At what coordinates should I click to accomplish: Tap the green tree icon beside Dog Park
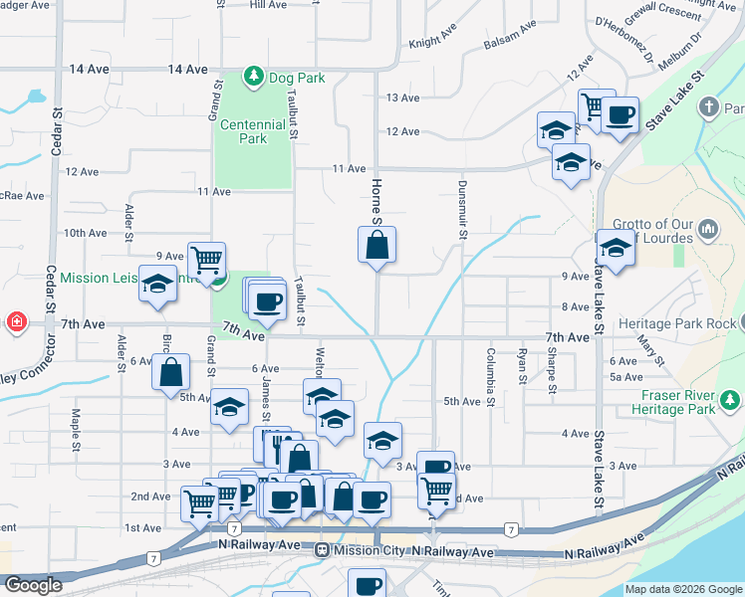[255, 76]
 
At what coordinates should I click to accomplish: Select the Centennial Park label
[253, 131]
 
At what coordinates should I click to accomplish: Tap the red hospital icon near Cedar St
[17, 322]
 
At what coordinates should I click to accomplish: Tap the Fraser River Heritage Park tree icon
[731, 401]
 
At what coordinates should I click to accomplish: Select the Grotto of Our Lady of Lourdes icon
[708, 230]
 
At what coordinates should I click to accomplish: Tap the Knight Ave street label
[431, 44]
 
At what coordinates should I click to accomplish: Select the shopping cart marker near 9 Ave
[206, 260]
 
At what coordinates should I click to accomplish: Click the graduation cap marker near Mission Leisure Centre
[158, 284]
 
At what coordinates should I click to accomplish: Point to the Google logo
[32, 585]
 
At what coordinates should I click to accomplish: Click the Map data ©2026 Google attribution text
[683, 589]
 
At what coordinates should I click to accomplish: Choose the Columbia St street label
[491, 366]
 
